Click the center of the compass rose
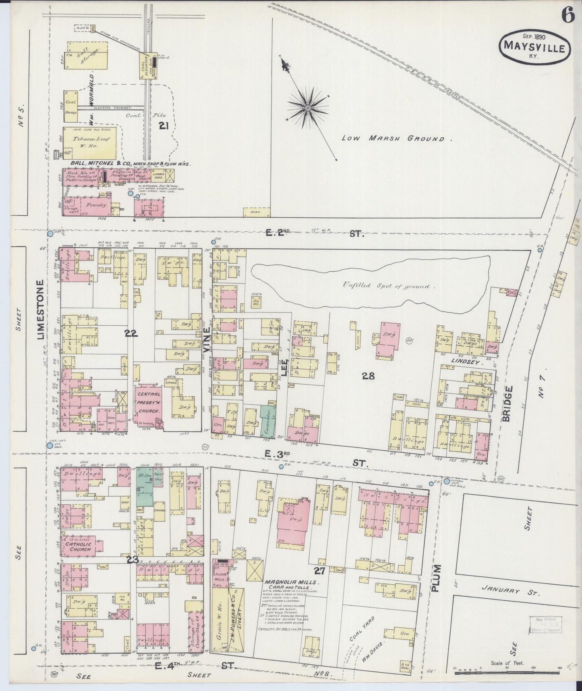click(308, 108)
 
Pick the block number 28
click(368, 376)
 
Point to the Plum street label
click(437, 579)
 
